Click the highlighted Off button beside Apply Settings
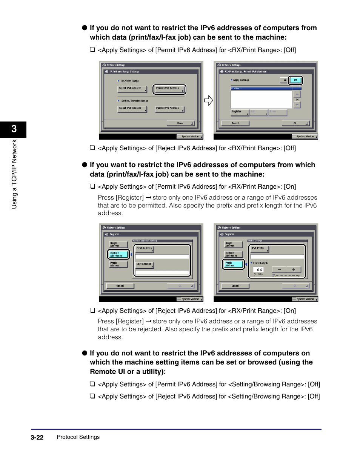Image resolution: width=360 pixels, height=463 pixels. tap(295, 80)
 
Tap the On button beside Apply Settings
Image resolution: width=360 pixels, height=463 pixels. tap(284, 80)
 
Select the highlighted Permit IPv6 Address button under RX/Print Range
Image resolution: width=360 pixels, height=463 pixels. tap(169, 89)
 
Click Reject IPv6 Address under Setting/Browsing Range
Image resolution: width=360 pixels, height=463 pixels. tap(132, 109)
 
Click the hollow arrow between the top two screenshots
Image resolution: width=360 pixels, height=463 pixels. tap(208, 101)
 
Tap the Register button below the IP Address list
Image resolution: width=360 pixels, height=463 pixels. tap(239, 112)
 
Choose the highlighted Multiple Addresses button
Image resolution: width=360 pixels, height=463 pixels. tap(118, 255)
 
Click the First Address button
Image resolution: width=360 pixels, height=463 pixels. tap(145, 249)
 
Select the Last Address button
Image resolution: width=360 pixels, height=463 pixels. tap(145, 265)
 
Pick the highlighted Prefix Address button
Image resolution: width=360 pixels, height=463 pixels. tap(232, 265)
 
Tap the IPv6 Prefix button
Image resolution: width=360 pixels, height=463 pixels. tap(260, 249)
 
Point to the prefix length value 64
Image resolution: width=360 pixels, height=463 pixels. tap(259, 270)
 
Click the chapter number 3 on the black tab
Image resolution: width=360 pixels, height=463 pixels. tap(14, 129)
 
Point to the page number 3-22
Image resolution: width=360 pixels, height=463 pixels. tap(37, 437)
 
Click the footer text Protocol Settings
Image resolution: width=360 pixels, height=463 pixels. tap(78, 437)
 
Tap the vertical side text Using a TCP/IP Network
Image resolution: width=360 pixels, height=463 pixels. tap(14, 174)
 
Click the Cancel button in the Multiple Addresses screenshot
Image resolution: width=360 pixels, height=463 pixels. tap(120, 286)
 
